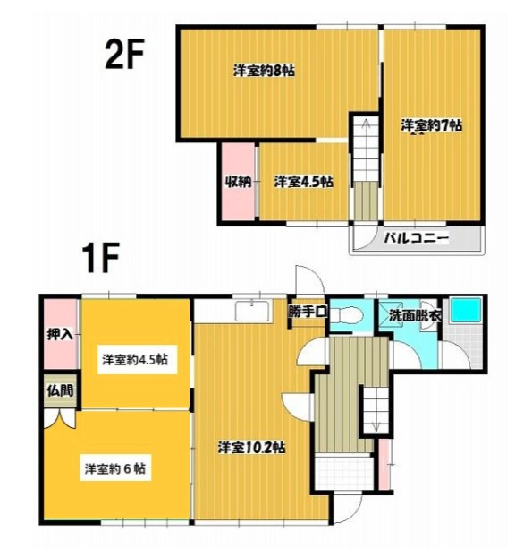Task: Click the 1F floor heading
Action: tap(101, 260)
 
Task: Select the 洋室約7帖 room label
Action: tap(431, 125)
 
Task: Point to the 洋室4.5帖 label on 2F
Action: tap(303, 182)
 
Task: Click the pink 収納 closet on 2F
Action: tap(237, 182)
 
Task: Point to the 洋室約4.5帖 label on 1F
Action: tap(135, 360)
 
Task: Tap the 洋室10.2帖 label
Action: tap(252, 446)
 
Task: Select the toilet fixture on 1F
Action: tap(350, 314)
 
